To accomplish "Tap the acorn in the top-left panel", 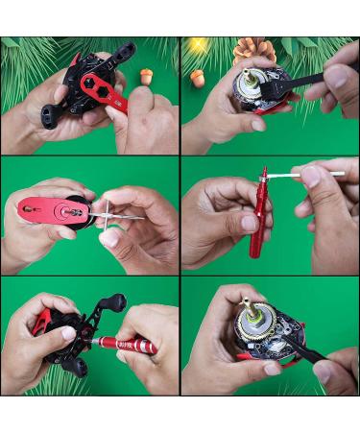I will tap(147, 76).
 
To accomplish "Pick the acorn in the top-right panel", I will tap(197, 78).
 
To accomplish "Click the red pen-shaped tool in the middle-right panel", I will tap(257, 216).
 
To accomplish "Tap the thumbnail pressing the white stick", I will tap(310, 177).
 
